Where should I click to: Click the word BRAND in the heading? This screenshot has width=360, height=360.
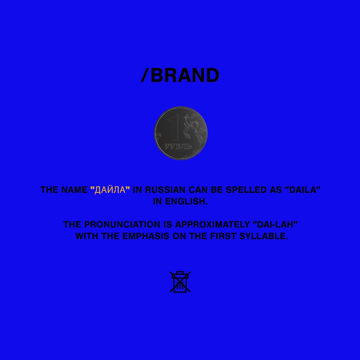(185, 75)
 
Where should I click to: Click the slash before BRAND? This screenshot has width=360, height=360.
(145, 75)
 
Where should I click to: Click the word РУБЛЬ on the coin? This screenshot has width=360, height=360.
(178, 146)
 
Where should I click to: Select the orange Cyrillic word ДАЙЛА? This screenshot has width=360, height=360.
(110, 190)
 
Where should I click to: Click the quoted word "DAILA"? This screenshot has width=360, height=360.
(302, 190)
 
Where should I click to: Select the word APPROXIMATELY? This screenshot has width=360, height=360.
(212, 224)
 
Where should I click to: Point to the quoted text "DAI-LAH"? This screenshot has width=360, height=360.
(275, 224)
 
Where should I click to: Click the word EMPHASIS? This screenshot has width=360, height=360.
(146, 236)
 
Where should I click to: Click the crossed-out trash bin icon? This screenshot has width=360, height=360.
(180, 282)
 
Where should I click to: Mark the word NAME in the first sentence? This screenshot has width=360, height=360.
(74, 190)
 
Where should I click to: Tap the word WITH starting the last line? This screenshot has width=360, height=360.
(87, 236)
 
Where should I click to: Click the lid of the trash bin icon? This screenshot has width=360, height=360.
(180, 274)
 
